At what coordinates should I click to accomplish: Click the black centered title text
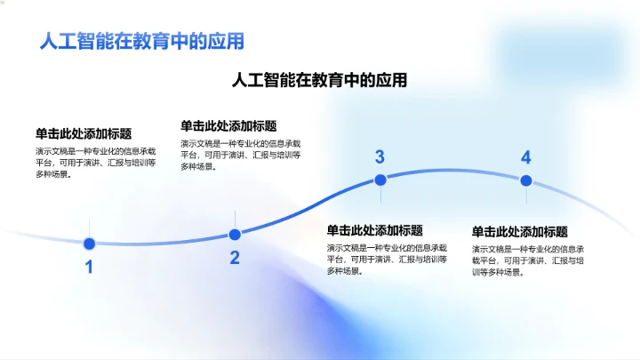tap(319, 80)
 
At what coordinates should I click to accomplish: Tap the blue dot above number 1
tap(89, 244)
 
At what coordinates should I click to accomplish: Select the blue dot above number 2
tap(235, 235)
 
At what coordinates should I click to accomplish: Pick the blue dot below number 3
tap(380, 180)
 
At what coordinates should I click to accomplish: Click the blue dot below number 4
tap(525, 180)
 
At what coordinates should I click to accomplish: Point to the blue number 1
tap(89, 267)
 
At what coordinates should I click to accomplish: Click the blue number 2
tap(235, 258)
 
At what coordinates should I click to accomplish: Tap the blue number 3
tap(380, 157)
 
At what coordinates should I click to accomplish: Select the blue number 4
tap(525, 157)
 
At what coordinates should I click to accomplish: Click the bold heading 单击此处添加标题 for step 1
tap(90, 133)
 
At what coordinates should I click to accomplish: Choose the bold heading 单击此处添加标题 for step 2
tap(228, 126)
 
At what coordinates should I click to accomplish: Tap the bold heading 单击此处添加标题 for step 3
tap(374, 230)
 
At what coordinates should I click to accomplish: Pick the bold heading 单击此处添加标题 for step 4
tap(519, 231)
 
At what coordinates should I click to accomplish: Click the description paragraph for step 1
tap(95, 163)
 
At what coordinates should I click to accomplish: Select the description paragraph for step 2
tap(240, 155)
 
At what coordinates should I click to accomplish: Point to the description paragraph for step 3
tap(386, 259)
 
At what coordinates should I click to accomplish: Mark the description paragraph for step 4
tap(528, 260)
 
